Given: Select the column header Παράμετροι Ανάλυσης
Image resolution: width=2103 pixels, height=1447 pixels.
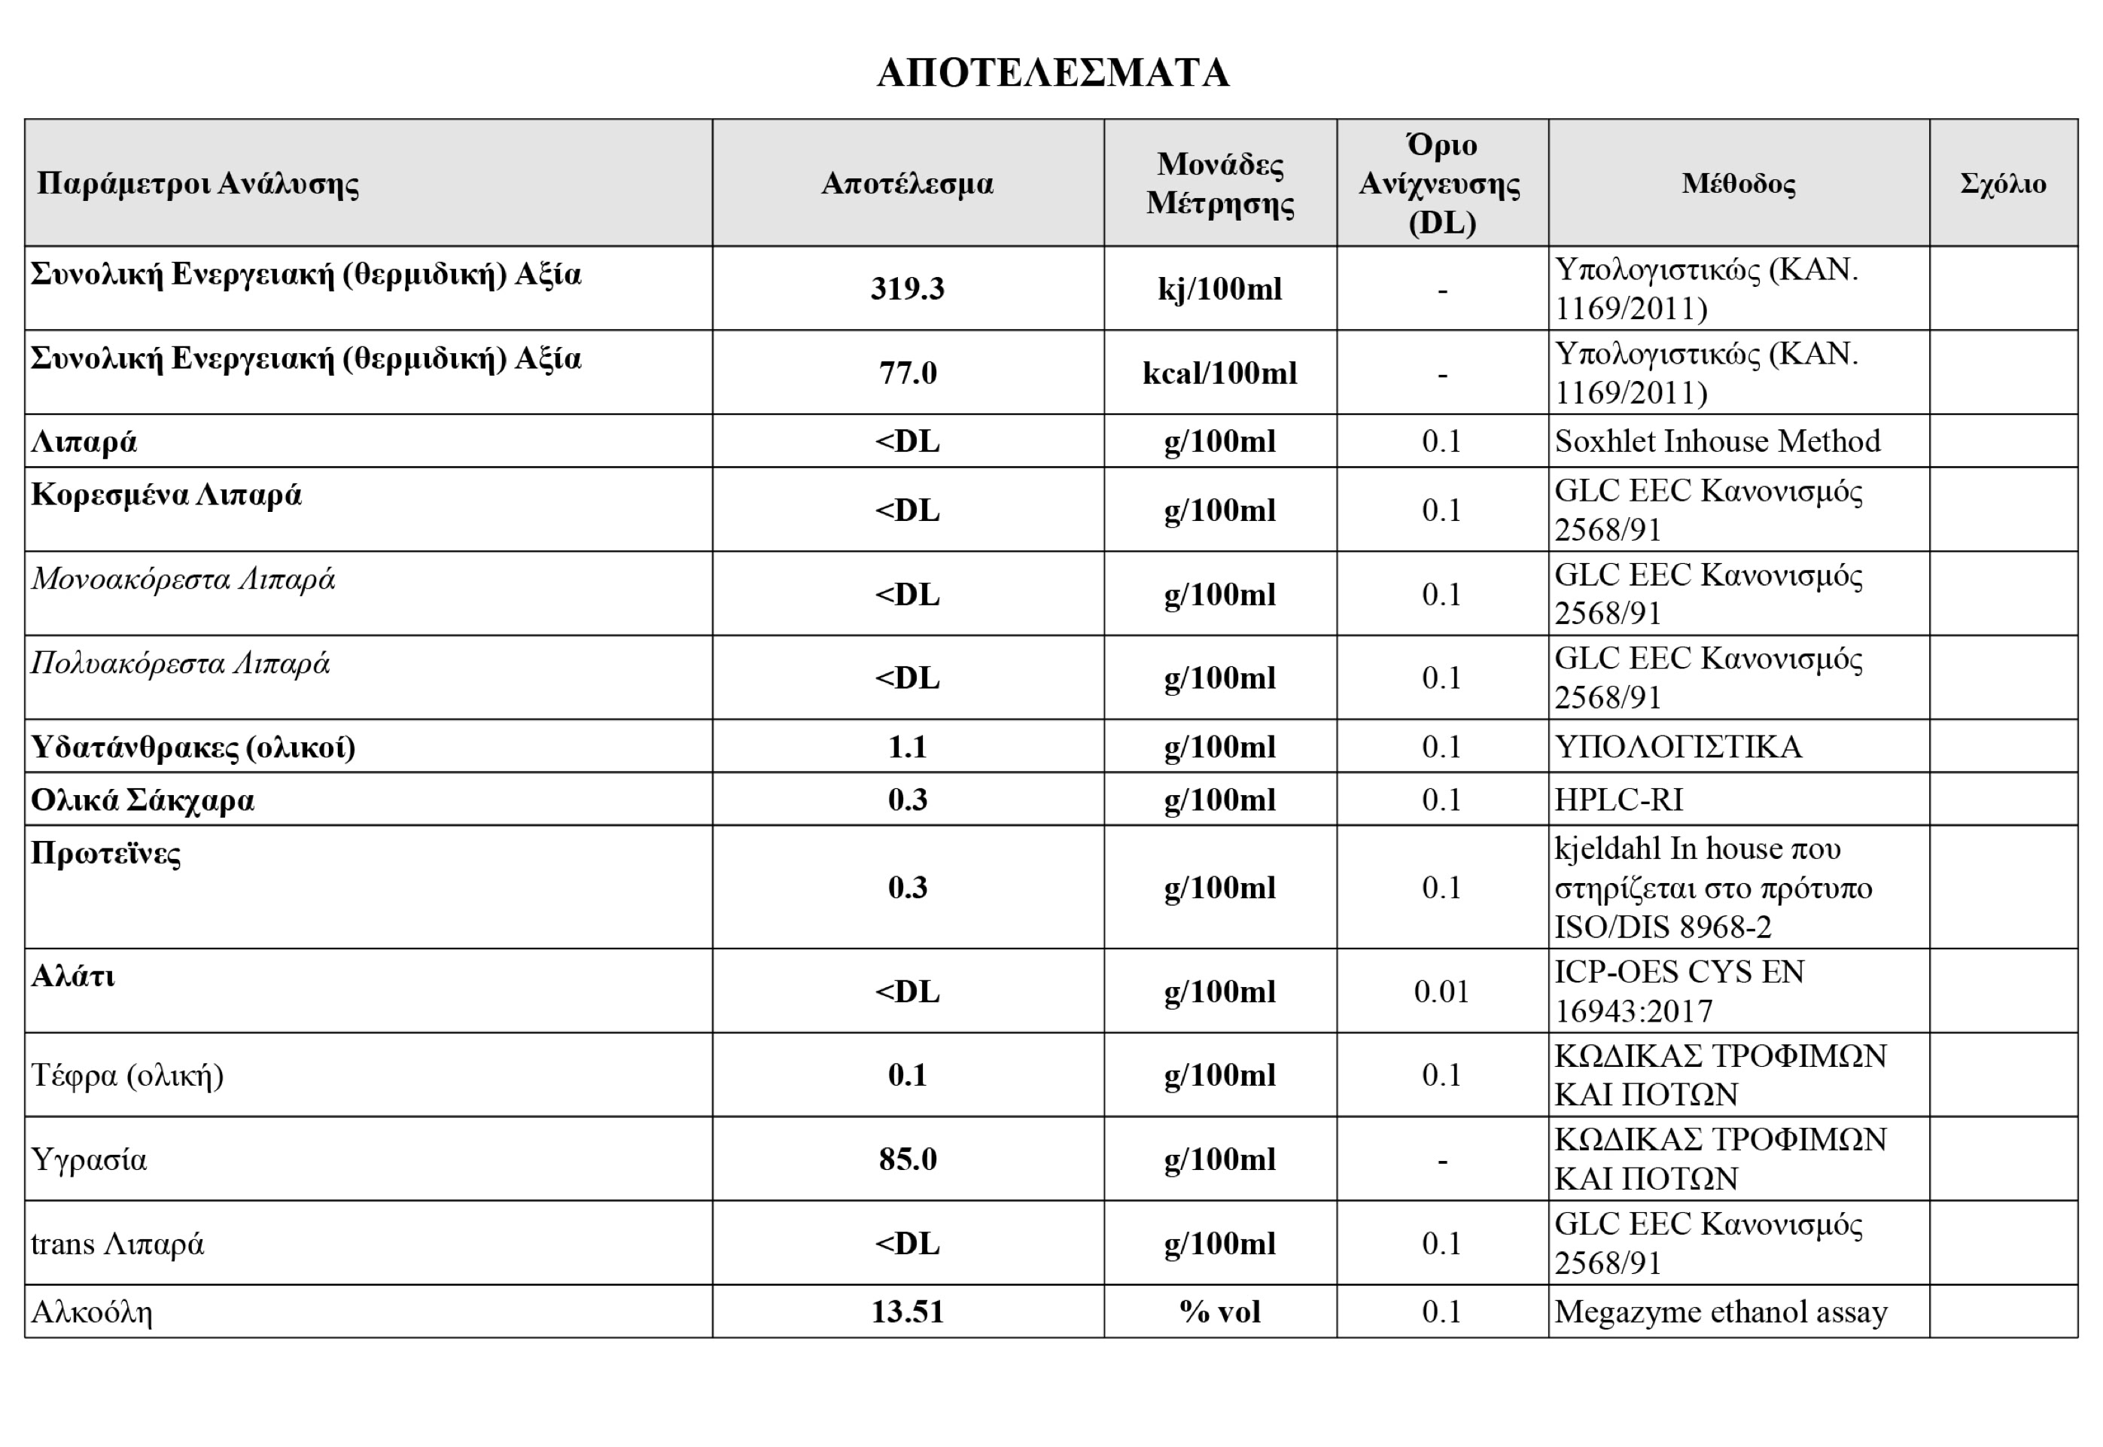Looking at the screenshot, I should point(198,184).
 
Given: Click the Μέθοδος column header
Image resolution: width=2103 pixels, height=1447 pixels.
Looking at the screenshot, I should point(1738,184).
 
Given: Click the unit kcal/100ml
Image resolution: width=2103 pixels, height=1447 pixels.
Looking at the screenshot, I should point(1219,373).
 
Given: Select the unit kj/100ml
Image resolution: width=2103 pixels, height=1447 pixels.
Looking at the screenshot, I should point(1219,288).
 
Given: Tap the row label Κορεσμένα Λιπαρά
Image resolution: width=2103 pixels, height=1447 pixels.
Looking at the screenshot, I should point(166,495).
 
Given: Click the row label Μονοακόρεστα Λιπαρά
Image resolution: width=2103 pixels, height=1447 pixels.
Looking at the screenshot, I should point(183,580).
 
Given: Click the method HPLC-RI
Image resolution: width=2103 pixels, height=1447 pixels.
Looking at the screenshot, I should point(1618,800).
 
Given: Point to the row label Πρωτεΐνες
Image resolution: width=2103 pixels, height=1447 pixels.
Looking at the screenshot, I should point(106,853).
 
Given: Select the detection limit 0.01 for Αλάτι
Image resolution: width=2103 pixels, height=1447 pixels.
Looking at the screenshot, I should point(1441,991).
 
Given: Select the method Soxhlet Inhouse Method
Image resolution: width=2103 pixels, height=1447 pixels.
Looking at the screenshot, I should point(1717,441).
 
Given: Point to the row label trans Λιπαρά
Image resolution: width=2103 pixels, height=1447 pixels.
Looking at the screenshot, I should point(118,1243).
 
